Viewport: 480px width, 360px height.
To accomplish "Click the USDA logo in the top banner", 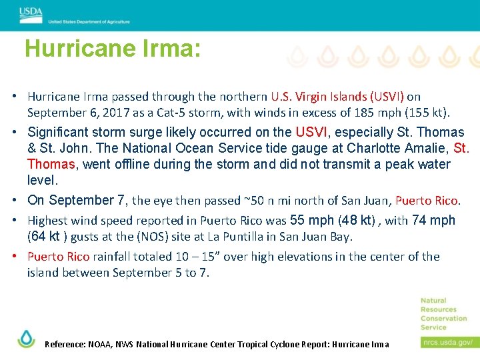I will click(31, 13).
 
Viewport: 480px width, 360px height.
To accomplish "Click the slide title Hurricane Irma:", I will click(112, 49).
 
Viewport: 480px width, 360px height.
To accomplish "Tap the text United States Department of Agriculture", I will click(89, 22).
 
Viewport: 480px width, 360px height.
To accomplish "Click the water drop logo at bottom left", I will click(26, 339).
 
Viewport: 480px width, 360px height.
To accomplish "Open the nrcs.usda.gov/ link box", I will click(447, 342).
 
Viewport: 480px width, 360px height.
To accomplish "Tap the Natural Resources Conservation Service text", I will click(443, 313).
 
